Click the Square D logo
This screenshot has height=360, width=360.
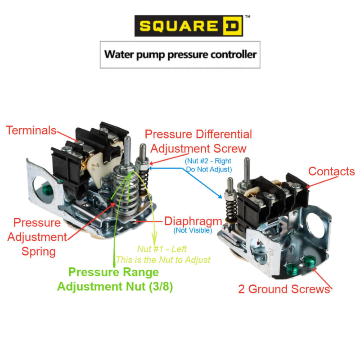189,26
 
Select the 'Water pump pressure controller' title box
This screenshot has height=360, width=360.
180,55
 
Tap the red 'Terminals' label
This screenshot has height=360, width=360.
31,130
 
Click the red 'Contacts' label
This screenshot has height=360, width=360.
331,171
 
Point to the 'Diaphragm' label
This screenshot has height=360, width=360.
193,221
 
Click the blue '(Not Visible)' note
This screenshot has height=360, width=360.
193,230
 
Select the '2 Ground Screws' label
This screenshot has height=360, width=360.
284,289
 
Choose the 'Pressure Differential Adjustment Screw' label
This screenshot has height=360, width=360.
198,141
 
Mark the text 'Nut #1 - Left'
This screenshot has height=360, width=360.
163,249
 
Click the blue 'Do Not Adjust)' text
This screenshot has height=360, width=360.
208,170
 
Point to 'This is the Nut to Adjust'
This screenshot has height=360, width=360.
163,260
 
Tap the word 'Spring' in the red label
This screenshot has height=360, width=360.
39,251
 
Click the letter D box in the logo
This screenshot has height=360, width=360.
233,26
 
